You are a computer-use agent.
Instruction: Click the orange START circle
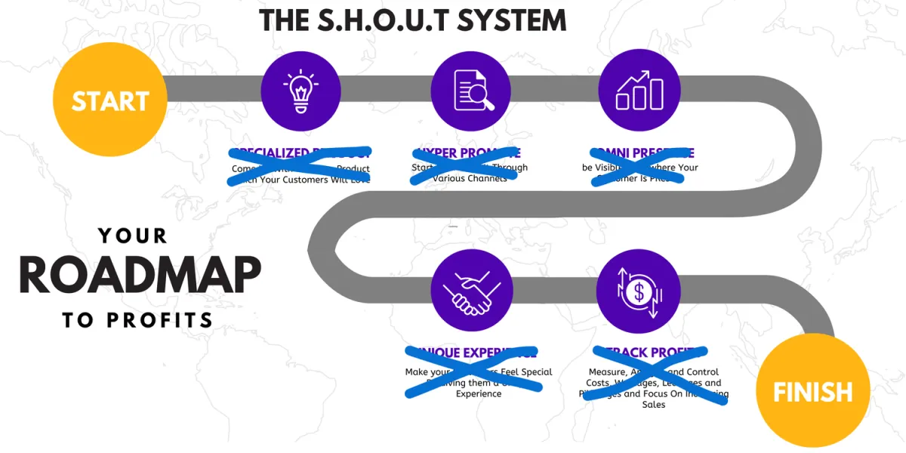110,100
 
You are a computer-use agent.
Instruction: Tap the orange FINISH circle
812,390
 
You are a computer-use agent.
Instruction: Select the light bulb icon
300,91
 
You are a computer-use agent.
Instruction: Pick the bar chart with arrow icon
639,91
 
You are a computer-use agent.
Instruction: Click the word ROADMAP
140,276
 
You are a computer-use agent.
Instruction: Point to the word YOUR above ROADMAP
133,236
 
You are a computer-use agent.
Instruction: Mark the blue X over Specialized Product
300,165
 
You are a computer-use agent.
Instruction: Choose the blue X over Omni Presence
639,163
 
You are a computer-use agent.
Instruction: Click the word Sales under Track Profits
653,405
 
